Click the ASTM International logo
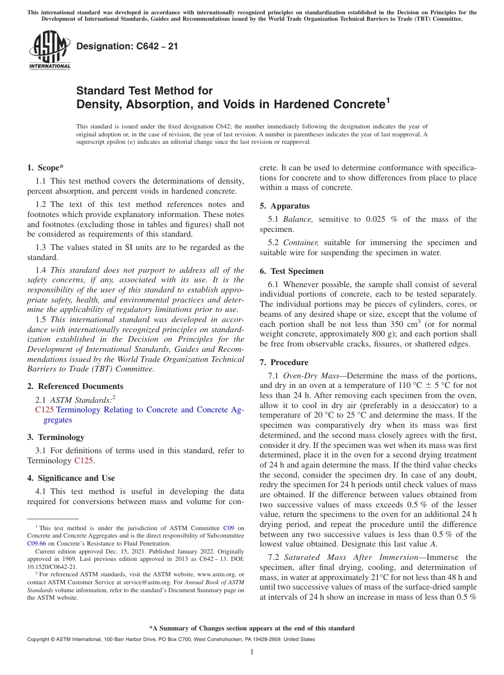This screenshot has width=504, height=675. (x=49, y=50)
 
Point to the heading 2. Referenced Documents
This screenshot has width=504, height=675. (x=75, y=386)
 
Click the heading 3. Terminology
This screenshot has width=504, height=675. (x=56, y=437)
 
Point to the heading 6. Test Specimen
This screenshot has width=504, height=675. (x=291, y=271)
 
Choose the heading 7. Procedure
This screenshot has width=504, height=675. (x=284, y=362)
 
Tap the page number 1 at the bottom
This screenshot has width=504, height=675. (x=252, y=652)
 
